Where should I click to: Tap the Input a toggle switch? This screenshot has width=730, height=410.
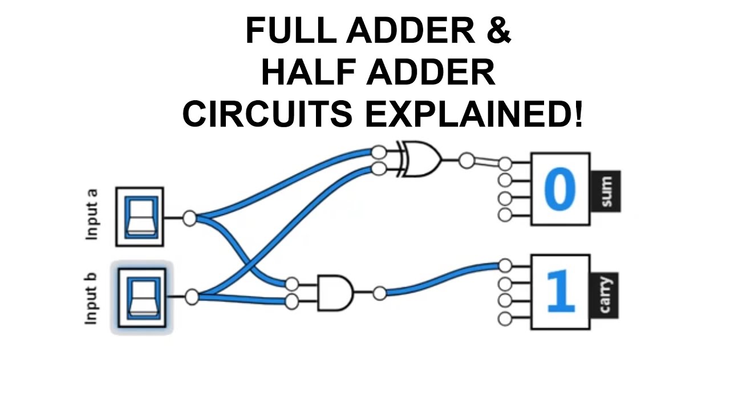(x=140, y=217)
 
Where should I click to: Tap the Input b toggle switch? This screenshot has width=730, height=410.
(x=140, y=297)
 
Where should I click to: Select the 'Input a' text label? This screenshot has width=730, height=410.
(x=92, y=214)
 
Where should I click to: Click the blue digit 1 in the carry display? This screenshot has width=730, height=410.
(x=560, y=292)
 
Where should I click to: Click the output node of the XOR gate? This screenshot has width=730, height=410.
(x=467, y=161)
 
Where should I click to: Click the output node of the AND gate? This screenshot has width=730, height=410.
(x=379, y=293)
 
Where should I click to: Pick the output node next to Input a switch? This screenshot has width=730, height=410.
(x=189, y=218)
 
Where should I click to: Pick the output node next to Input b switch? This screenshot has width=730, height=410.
(x=192, y=297)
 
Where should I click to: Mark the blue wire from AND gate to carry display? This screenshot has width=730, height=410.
(x=439, y=280)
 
